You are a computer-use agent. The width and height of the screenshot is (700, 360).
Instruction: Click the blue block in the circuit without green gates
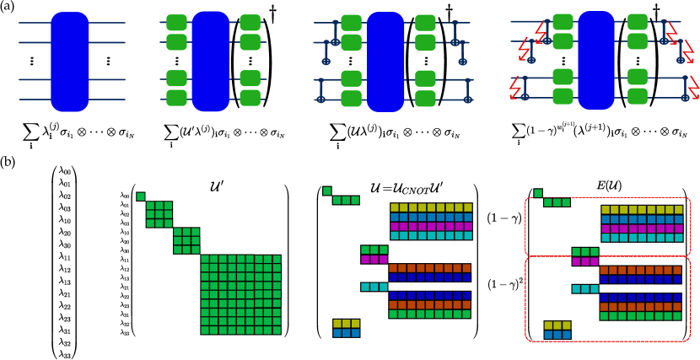point(70,62)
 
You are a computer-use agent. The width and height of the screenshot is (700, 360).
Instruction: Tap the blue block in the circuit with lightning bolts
point(596,61)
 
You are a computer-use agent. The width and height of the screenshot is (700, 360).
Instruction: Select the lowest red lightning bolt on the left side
point(514,87)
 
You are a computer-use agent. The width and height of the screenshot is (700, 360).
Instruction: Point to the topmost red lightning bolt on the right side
point(671,32)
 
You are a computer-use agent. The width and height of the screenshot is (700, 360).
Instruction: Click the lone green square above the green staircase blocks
point(141,196)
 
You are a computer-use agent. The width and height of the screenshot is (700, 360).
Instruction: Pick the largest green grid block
point(240,294)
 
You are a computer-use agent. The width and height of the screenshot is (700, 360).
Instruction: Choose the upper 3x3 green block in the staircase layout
point(159,214)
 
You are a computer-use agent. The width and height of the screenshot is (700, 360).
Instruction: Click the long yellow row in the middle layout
point(431,207)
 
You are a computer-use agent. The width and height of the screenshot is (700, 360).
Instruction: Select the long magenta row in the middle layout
point(431,226)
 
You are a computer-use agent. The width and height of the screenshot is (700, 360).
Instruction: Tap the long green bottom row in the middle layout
point(429,314)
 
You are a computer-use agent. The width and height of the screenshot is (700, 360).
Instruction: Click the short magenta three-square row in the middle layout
point(374,260)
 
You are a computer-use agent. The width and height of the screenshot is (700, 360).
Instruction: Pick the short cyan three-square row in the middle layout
point(374,287)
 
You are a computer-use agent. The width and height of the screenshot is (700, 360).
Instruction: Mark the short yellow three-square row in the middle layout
point(346,323)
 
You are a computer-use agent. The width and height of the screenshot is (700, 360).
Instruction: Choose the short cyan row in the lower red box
point(584,288)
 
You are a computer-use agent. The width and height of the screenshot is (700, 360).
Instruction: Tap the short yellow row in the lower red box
point(557,325)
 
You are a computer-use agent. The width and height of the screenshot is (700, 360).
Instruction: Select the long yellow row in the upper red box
point(642,209)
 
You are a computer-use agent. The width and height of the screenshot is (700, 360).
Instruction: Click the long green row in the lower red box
point(640,316)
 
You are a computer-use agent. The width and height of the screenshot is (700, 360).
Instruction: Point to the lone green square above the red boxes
point(538,193)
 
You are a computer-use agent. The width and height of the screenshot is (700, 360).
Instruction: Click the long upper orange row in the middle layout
point(429,268)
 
